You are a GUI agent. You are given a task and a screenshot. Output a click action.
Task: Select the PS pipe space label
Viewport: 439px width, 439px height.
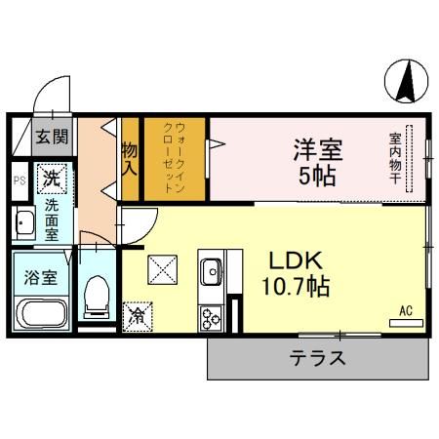(19, 180)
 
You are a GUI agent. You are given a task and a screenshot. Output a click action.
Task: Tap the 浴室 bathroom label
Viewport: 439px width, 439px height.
(39, 276)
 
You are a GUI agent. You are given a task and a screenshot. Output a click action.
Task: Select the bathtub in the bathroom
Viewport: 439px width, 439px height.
(40, 315)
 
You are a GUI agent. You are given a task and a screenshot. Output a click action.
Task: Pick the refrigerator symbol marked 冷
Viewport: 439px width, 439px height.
(139, 316)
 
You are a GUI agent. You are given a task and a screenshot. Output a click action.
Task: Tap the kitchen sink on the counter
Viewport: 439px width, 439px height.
(212, 270)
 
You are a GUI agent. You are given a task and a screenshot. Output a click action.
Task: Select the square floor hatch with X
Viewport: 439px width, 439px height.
(161, 268)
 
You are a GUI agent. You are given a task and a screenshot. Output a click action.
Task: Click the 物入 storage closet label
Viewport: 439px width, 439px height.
(130, 159)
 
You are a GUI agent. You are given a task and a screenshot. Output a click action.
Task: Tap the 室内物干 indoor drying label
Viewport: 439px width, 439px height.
(396, 159)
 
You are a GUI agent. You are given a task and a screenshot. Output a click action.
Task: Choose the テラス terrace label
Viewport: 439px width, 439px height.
(317, 357)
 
